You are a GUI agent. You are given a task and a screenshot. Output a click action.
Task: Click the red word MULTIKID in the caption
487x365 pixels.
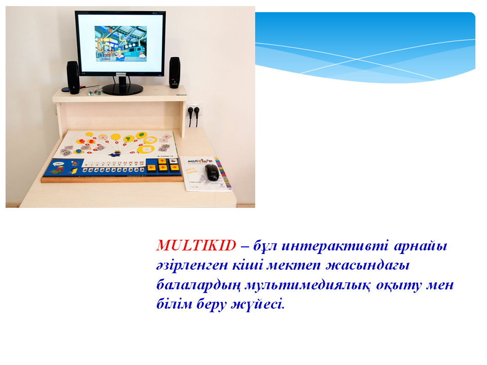pyautogui.click(x=196, y=245)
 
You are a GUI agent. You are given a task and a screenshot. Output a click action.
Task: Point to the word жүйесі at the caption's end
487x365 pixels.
pyautogui.click(x=258, y=304)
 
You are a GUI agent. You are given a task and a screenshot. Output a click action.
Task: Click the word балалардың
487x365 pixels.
pyautogui.click(x=198, y=285)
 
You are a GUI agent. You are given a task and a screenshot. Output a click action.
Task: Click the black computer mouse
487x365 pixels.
pyautogui.click(x=212, y=172)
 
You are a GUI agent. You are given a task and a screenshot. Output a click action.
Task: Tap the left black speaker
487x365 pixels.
pyautogui.click(x=73, y=77)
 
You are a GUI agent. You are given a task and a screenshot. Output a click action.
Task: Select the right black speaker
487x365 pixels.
pyautogui.click(x=175, y=72)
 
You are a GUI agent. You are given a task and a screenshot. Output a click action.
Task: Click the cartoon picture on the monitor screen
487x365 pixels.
pyautogui.click(x=121, y=44)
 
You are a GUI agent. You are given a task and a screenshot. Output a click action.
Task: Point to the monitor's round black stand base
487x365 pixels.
pyautogui.click(x=123, y=89)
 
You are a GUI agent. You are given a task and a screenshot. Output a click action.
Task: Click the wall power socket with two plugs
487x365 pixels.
pyautogui.click(x=194, y=110)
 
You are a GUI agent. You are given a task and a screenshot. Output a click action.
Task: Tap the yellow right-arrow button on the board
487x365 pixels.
pyautogui.click(x=175, y=168)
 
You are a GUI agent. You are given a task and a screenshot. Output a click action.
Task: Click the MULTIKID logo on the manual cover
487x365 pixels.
pyautogui.click(x=200, y=161)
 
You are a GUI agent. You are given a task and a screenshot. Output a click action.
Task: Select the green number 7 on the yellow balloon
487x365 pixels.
pyautogui.click(x=128, y=138)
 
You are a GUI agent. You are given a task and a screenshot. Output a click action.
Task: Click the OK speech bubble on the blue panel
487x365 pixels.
pyautogui.click(x=58, y=163)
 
